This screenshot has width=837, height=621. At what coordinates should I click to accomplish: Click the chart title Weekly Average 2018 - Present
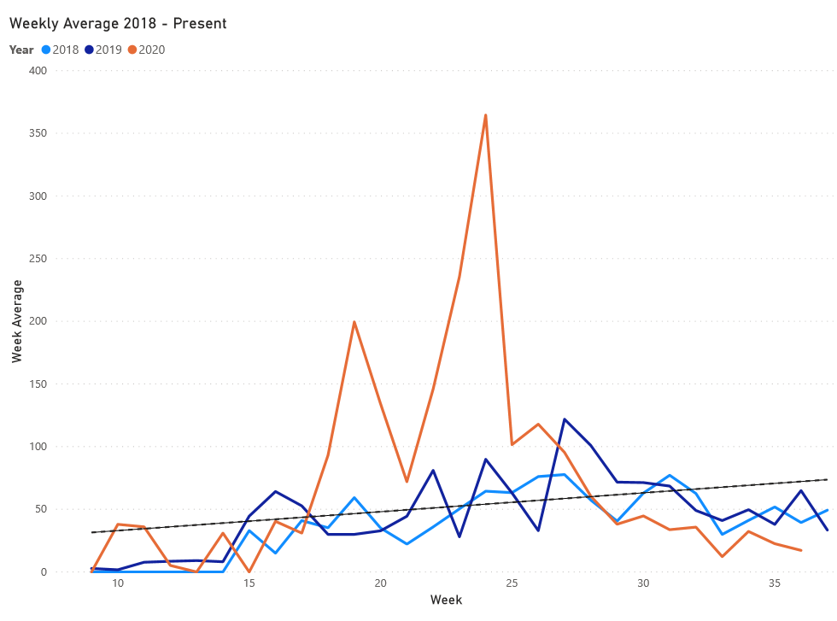(x=118, y=23)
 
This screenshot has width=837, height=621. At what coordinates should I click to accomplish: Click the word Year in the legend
(x=22, y=50)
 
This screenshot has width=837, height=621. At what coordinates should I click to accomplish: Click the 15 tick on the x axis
(x=249, y=583)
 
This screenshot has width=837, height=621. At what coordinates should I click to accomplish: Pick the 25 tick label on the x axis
(x=512, y=583)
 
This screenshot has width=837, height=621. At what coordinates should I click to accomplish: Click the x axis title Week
(x=446, y=600)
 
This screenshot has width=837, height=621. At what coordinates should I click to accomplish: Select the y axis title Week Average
(x=17, y=321)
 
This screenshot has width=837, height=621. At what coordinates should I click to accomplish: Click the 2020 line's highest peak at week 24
(x=485, y=114)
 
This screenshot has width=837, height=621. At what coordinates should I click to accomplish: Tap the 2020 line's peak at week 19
(x=354, y=322)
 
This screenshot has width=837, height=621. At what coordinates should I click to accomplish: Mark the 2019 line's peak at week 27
(x=565, y=419)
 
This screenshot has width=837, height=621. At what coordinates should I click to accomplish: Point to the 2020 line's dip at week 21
(x=407, y=482)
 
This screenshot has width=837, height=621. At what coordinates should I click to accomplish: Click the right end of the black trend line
(x=827, y=479)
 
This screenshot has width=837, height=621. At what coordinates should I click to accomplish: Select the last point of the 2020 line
(x=800, y=550)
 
